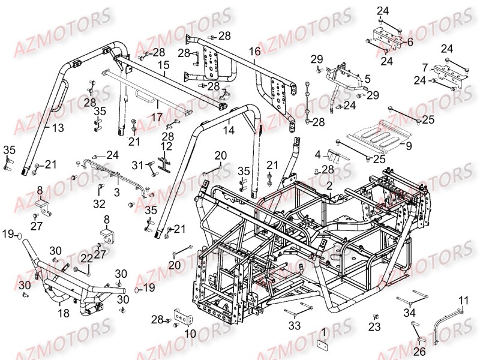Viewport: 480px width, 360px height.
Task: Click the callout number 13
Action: coord(58,128)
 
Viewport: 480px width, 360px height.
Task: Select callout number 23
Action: coord(374,327)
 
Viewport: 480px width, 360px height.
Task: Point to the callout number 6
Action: coord(410,42)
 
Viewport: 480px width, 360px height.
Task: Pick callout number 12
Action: coord(166,146)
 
